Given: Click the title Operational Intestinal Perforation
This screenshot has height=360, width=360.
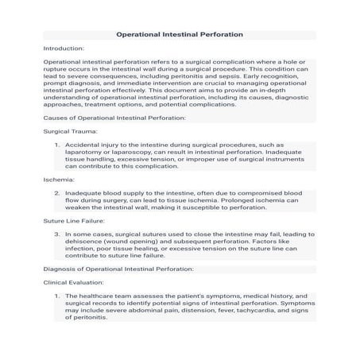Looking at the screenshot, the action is [x=180, y=35].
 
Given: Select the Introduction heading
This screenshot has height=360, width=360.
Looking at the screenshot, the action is [x=64, y=48].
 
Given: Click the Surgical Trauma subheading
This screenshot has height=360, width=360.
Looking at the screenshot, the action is [x=71, y=131].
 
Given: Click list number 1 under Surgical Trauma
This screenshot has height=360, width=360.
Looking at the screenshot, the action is [x=57, y=145].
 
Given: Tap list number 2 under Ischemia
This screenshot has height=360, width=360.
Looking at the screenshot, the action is [x=57, y=193].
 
